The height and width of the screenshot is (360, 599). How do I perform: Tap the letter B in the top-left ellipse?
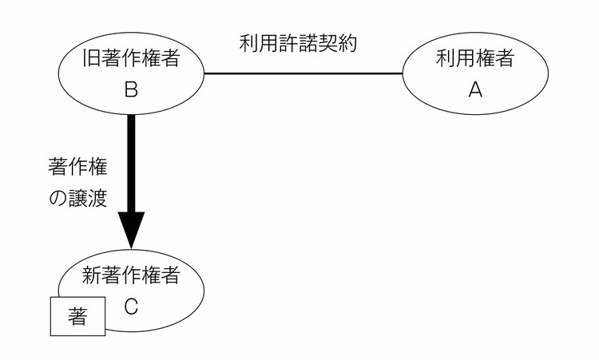click(x=133, y=90)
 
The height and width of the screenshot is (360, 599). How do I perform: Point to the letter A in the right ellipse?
click(x=475, y=90)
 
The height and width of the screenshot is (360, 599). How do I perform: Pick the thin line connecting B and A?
click(x=303, y=74)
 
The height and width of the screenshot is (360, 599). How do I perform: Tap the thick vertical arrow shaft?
click(x=132, y=160)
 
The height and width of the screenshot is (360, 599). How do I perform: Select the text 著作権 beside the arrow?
click(x=77, y=168)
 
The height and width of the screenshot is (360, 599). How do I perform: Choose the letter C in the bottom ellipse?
click(x=133, y=307)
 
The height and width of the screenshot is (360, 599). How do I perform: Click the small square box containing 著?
click(x=77, y=317)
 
